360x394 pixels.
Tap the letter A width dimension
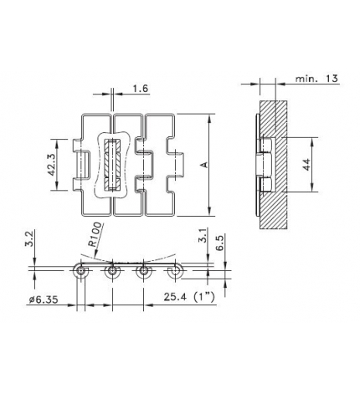pos(203,165)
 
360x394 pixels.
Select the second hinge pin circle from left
pos(111,272)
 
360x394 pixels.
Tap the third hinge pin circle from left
pos(143,272)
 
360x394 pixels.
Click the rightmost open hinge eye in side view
pos(174,272)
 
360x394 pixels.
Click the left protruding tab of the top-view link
pos(83,158)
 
